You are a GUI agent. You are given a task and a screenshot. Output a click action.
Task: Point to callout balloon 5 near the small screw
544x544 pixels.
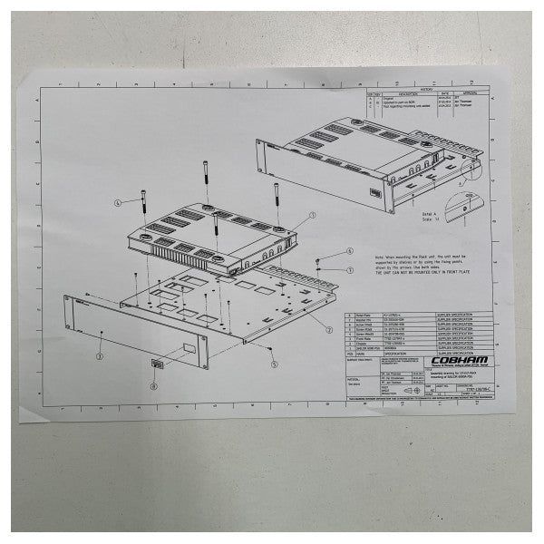(x=273, y=364)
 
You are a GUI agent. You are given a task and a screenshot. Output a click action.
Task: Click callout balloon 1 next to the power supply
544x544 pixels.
(x=311, y=216)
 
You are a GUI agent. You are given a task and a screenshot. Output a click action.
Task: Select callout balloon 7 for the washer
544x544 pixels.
(x=349, y=269)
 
